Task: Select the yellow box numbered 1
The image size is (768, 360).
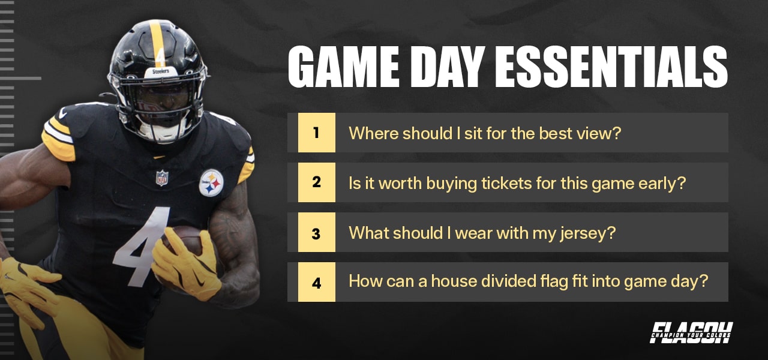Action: (x=316, y=133)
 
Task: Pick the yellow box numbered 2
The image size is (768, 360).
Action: (x=316, y=182)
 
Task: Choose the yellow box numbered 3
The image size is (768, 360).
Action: (x=316, y=232)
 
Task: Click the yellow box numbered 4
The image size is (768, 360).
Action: (x=316, y=282)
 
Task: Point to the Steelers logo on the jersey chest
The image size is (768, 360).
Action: (x=211, y=182)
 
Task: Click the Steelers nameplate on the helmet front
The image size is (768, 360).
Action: (x=160, y=71)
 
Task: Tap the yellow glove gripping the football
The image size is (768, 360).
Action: (x=183, y=264)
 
